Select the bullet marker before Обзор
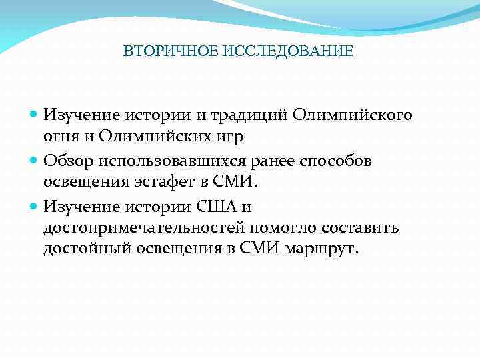[x=35, y=161]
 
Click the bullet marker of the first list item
[x=35, y=115]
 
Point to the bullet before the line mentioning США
[x=35, y=206]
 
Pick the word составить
[x=360, y=229]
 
